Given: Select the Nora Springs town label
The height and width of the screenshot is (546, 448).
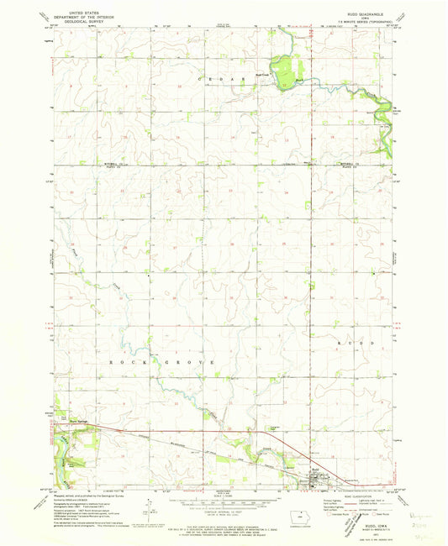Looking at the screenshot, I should (x=78, y=422).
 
